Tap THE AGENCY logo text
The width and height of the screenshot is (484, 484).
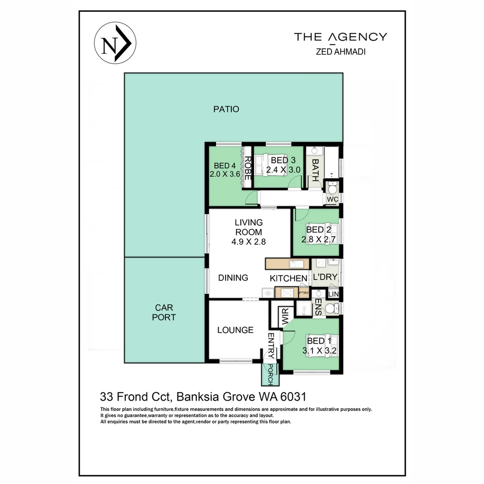pyautogui.click(x=340, y=37)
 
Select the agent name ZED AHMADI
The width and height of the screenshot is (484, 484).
pyautogui.click(x=340, y=52)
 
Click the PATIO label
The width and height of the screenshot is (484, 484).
pyautogui.click(x=226, y=109)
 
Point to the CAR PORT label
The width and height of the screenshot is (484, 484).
pyautogui.click(x=165, y=312)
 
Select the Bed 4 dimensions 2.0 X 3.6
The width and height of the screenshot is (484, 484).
pyautogui.click(x=225, y=174)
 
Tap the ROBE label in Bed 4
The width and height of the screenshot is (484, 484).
pyautogui.click(x=247, y=168)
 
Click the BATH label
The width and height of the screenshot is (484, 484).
pyautogui.click(x=315, y=170)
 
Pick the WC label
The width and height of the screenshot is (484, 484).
pyautogui.click(x=332, y=199)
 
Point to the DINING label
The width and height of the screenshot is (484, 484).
pyautogui.click(x=233, y=278)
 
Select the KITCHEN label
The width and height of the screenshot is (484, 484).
pyautogui.click(x=289, y=278)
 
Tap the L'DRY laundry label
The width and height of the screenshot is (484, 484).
pyautogui.click(x=325, y=277)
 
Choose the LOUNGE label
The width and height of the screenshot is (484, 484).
pyautogui.click(x=235, y=330)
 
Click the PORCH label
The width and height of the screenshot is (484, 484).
pyautogui.click(x=270, y=375)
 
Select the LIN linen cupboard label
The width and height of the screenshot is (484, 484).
pyautogui.click(x=333, y=294)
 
